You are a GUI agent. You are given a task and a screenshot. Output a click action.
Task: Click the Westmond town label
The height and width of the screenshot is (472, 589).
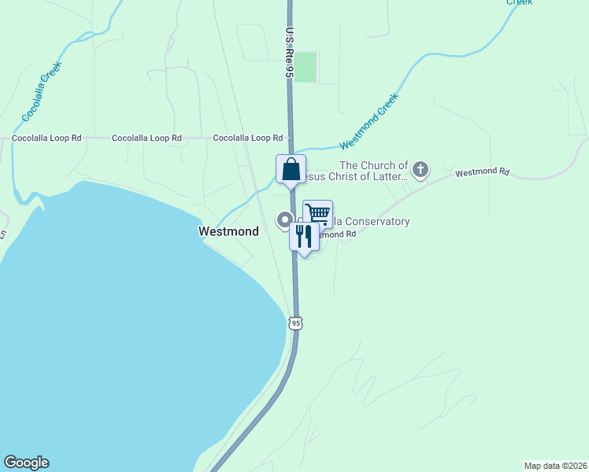228,232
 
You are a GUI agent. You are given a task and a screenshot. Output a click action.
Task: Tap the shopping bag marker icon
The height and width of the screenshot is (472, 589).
291,169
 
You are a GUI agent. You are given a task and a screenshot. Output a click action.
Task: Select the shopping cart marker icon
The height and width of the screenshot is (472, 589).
317,213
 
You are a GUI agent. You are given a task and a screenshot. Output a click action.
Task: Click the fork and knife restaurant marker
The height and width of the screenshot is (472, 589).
304,236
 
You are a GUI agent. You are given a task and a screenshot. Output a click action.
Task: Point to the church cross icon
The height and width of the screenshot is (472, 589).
421,168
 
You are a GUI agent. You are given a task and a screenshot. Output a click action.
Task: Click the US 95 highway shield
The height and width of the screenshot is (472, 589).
295,323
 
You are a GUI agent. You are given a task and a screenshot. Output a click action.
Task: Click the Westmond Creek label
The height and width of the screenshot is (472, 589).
370,123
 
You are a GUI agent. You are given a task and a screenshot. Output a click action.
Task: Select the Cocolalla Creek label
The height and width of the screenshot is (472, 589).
42,92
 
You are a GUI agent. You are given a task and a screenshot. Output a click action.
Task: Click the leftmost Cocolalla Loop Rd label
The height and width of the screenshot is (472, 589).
47,138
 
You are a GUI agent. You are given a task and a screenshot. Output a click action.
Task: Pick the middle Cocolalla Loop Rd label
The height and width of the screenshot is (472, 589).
147,138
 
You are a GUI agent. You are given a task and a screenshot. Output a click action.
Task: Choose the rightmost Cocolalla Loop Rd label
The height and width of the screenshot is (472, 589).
248,138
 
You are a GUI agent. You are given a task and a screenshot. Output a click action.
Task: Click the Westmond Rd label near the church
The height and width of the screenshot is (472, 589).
482,171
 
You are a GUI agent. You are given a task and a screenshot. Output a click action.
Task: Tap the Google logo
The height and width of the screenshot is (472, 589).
26,463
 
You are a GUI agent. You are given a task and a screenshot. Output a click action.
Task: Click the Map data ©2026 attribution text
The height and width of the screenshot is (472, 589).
555,465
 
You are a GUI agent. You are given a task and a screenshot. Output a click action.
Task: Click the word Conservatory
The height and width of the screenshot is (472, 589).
374,222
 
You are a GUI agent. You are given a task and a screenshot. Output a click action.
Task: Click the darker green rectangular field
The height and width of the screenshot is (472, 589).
306,67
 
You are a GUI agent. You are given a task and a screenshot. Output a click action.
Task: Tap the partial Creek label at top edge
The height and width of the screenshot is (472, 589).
519,2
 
